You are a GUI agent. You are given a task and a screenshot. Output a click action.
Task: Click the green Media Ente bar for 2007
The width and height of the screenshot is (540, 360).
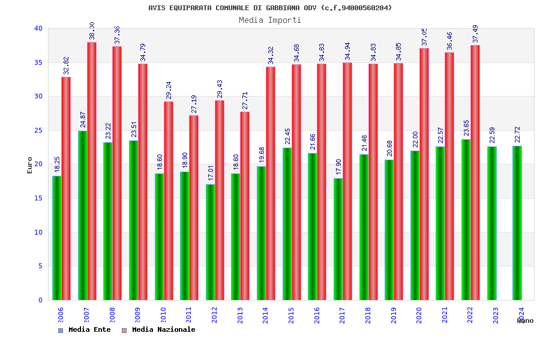(x=82, y=215)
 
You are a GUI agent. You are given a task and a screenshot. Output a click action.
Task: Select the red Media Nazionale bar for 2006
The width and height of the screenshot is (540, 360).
(x=66, y=188)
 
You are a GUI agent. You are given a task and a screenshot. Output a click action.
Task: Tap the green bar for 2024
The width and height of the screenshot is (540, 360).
(x=517, y=223)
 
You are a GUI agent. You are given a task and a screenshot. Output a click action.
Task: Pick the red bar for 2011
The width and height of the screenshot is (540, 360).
(x=194, y=208)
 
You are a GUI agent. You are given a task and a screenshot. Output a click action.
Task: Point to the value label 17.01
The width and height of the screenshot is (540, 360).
(x=211, y=173)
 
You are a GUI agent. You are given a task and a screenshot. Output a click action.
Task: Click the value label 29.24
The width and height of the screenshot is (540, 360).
(x=169, y=90)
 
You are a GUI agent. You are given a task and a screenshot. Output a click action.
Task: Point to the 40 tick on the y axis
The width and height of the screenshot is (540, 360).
(x=38, y=28)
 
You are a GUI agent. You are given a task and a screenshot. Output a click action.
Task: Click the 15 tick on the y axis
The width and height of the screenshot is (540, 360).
(x=38, y=198)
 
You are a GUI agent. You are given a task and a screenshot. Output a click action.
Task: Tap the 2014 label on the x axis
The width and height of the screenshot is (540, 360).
(x=266, y=315)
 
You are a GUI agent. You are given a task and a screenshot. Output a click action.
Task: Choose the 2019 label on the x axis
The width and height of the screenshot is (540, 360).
(x=394, y=315)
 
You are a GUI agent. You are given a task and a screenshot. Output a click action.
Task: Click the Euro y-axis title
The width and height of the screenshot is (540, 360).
(x=30, y=165)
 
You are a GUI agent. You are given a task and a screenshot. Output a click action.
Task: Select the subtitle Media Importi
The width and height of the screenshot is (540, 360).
(x=270, y=20)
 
